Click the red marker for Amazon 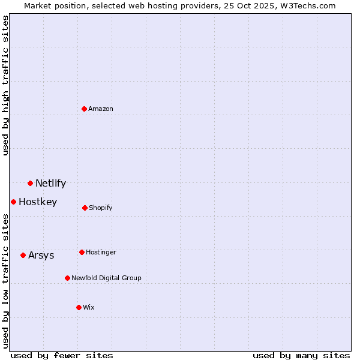85,109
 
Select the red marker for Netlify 30,183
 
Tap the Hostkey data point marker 13,202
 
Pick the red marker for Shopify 85,208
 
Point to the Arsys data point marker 23,255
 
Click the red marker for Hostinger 82,252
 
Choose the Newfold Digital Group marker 67,278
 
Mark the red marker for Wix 79,307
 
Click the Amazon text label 101,109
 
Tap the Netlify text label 50,184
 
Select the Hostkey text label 38,202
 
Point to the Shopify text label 101,208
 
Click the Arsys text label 41,256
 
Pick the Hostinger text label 101,253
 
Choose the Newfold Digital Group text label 106,278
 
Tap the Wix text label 89,308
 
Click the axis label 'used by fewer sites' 62,355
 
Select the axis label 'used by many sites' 301,355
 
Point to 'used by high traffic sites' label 5,85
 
